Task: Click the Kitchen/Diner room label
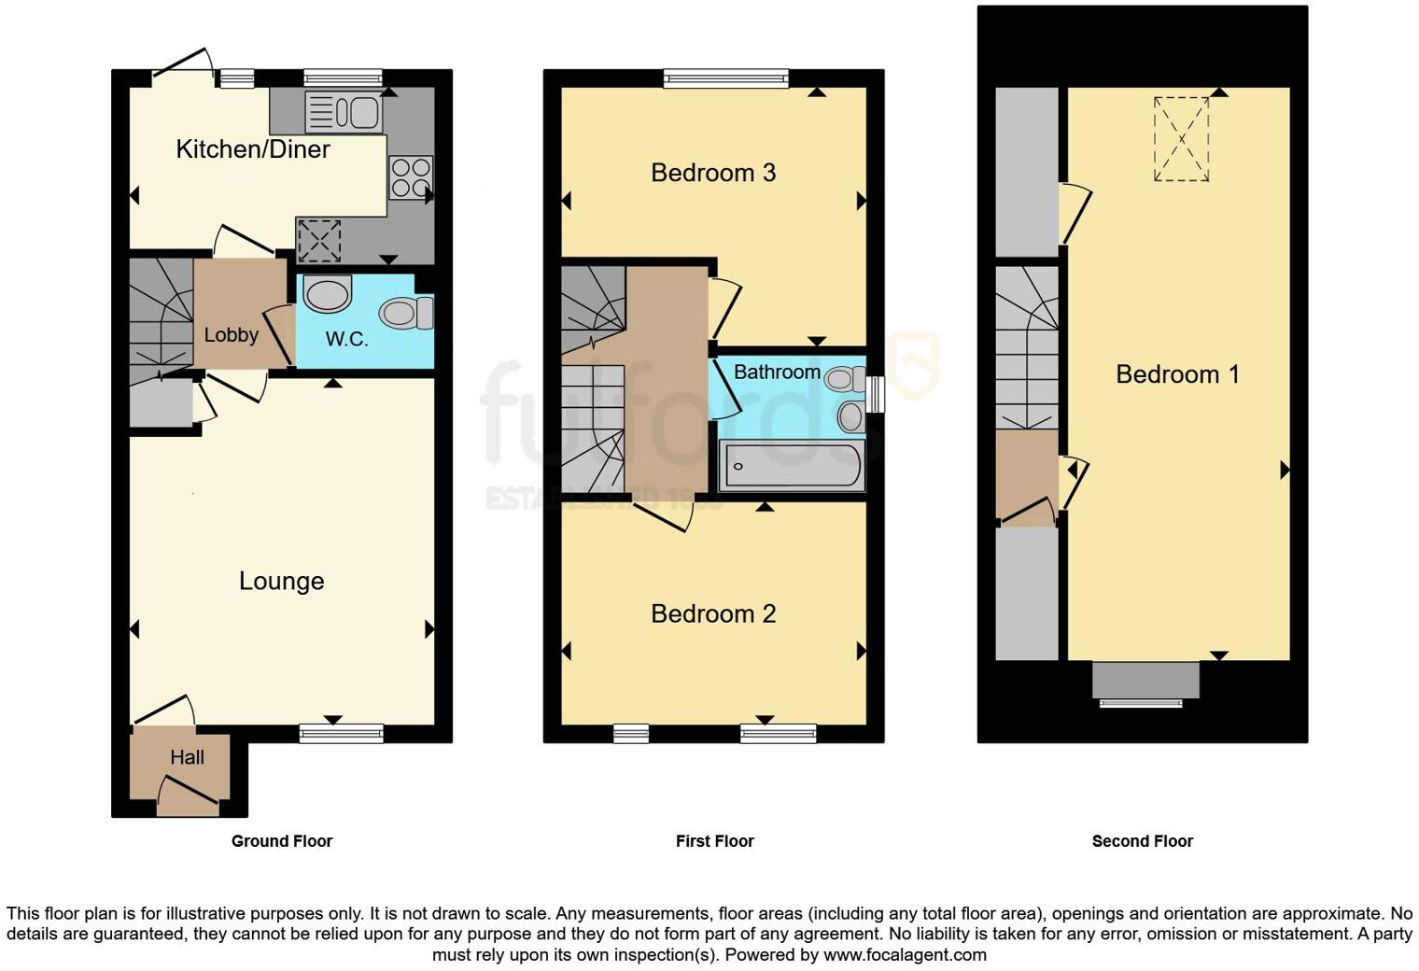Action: tap(253, 149)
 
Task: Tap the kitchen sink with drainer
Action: tap(343, 112)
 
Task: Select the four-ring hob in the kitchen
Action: tap(411, 177)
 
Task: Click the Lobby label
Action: tap(231, 335)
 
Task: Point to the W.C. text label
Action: tap(346, 340)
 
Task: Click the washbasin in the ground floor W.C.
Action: tap(327, 294)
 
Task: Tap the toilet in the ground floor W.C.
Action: tap(407, 313)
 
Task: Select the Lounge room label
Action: tap(281, 582)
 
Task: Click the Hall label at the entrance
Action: tap(187, 758)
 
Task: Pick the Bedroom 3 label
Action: tap(713, 173)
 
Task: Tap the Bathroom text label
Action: tap(777, 373)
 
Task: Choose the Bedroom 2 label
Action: tap(713, 614)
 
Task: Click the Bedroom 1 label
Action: tap(1177, 374)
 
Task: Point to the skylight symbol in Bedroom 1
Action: tap(1181, 139)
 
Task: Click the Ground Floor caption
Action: tap(282, 841)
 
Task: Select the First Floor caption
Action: tap(714, 841)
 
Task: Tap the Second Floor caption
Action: tap(1142, 841)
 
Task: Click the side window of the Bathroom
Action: tap(875, 394)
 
